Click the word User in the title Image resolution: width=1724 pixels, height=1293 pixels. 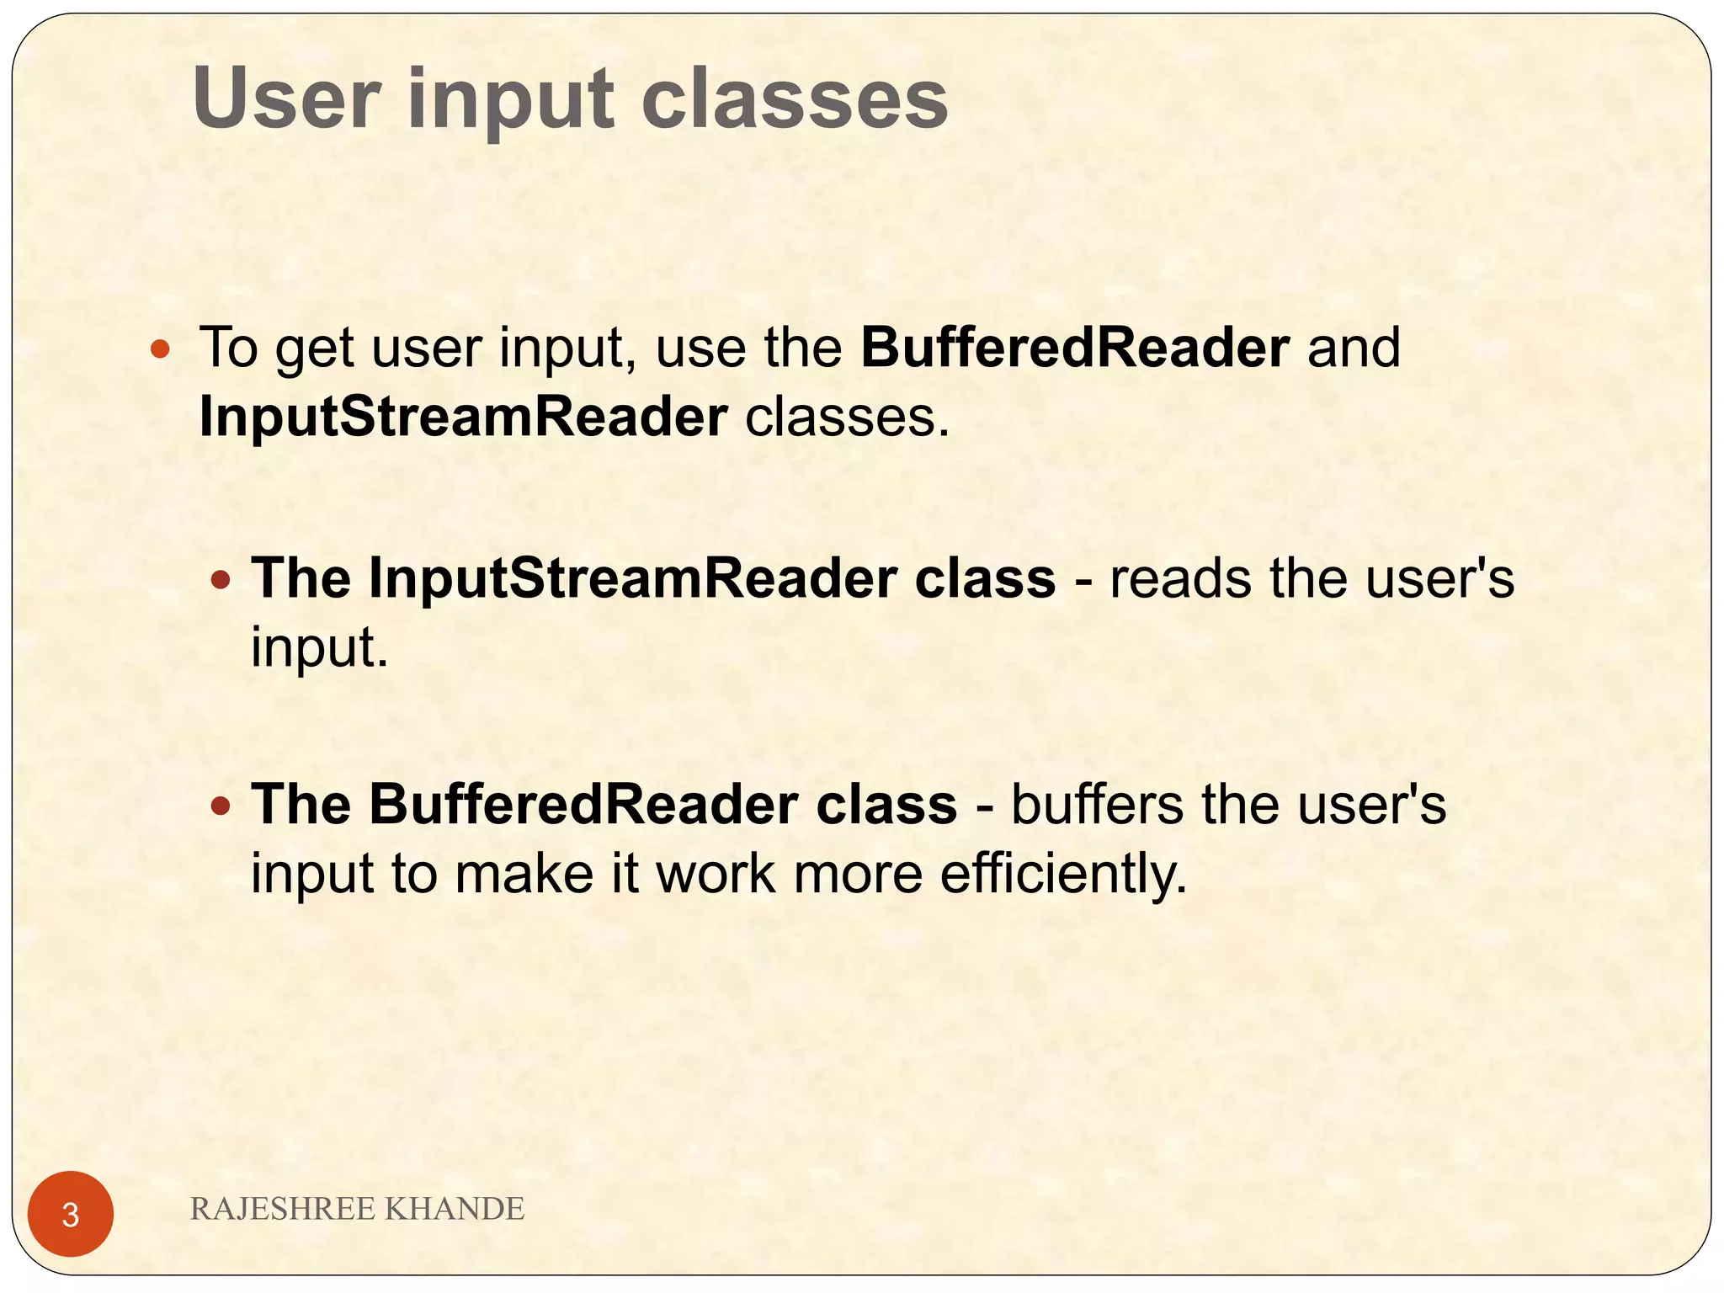tap(286, 98)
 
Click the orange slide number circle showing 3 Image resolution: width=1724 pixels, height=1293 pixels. tap(71, 1214)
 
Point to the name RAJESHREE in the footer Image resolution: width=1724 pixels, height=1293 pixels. tap(283, 1209)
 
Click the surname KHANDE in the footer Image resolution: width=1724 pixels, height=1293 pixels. tap(455, 1209)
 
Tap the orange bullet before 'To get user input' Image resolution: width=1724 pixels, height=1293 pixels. tap(159, 349)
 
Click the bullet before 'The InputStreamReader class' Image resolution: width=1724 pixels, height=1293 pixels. tap(221, 580)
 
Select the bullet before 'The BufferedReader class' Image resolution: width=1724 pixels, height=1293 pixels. tap(221, 806)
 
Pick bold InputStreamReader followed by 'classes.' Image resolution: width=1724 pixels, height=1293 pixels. tap(463, 417)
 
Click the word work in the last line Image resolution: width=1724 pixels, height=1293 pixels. tap(716, 874)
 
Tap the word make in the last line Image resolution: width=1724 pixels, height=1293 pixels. tap(524, 874)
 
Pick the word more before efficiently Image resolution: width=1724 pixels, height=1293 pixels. tap(858, 874)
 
